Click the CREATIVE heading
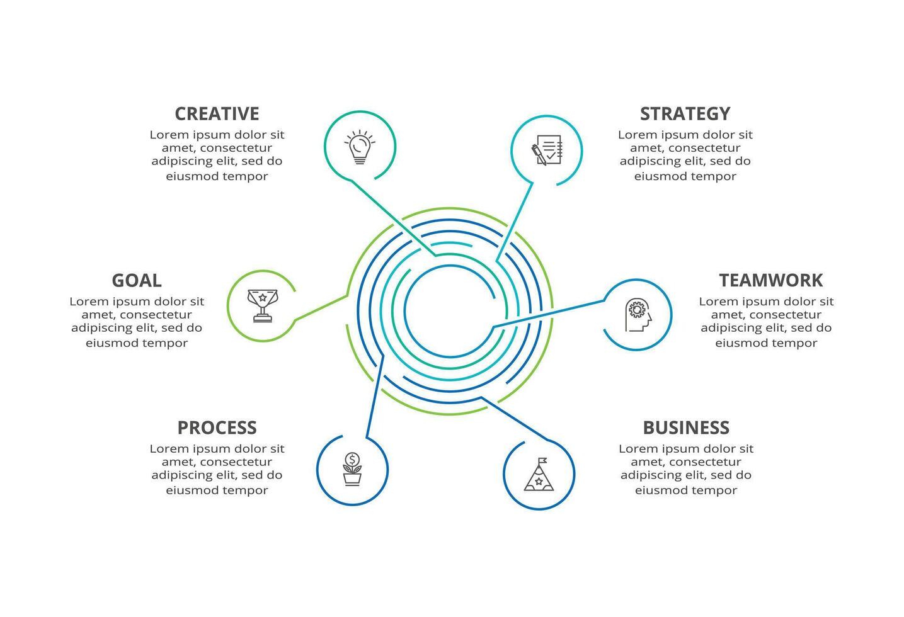217,113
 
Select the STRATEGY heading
685,113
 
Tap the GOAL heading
137,280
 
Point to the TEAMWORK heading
770,280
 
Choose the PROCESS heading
217,427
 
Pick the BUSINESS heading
685,427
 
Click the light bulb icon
360,147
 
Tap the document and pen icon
546,150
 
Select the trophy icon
263,305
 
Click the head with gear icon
638,315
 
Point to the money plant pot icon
352,469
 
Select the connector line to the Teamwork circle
548,314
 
